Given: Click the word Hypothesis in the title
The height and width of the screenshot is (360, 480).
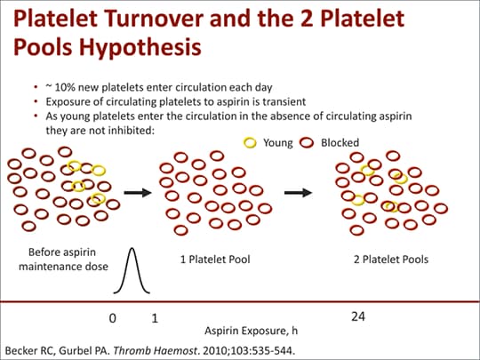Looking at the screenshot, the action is point(140,47).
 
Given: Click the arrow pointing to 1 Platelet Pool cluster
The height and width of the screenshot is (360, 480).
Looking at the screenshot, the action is point(138,193).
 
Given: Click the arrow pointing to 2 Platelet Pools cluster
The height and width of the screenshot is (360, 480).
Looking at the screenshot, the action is point(298,193).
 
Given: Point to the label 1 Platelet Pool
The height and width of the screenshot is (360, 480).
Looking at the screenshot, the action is point(215,260).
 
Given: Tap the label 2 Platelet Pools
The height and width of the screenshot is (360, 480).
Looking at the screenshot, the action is point(391,260).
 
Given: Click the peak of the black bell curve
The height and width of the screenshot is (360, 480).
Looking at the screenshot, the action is point(132,248).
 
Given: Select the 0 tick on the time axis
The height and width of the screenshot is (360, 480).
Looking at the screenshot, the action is point(113,318).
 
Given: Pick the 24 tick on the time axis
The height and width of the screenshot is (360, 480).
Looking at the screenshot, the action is point(358,316).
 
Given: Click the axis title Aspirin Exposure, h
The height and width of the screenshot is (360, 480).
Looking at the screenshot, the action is point(251,331).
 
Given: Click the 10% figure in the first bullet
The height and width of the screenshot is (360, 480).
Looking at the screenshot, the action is point(66,87).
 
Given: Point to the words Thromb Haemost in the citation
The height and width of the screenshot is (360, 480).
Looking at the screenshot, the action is point(155,351).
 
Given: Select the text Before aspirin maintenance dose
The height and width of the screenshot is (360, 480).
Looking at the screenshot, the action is point(63,260).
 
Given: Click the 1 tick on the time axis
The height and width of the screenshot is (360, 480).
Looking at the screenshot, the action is point(155,318).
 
